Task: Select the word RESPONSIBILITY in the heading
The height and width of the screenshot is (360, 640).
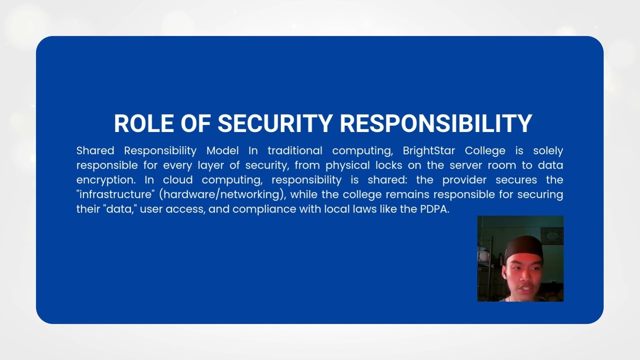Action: pyautogui.click(x=436, y=123)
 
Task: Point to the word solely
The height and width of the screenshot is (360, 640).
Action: pyautogui.click(x=548, y=150)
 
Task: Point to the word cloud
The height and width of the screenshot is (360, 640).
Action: pyautogui.click(x=177, y=179)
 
